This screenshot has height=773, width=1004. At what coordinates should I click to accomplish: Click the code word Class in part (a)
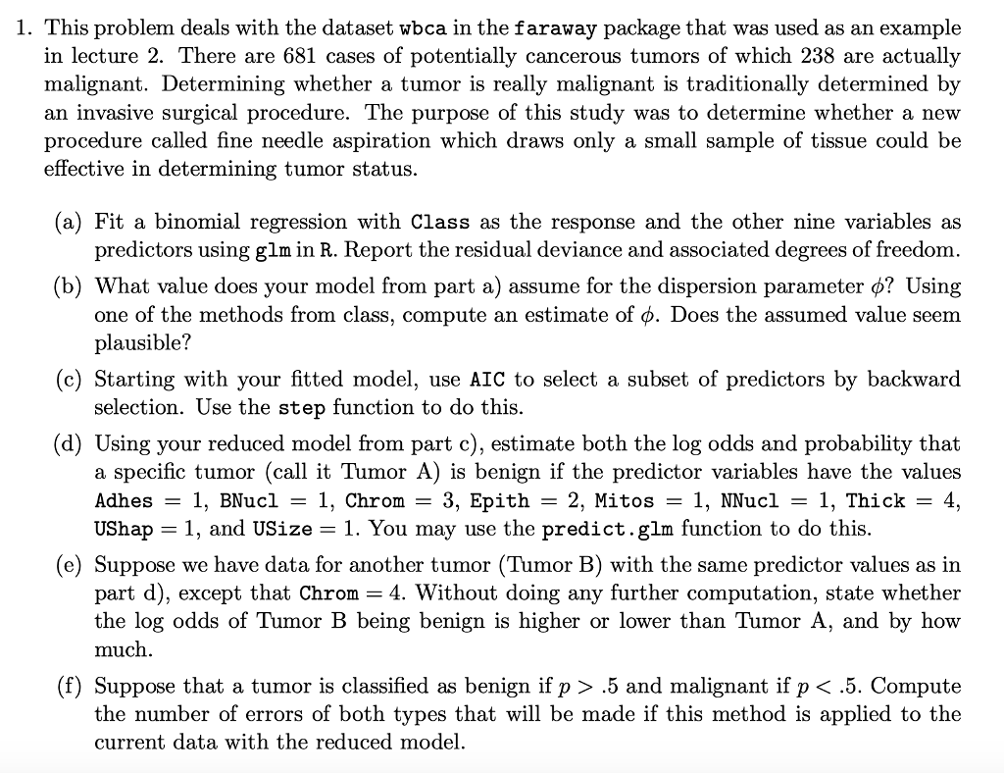pos(440,222)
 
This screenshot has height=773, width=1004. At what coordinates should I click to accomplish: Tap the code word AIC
pos(488,380)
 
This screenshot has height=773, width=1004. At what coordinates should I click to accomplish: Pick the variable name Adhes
pos(124,500)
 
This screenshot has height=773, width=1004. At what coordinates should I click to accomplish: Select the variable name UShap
pos(124,529)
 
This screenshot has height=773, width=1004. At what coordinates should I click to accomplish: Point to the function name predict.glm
pos(604,529)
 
